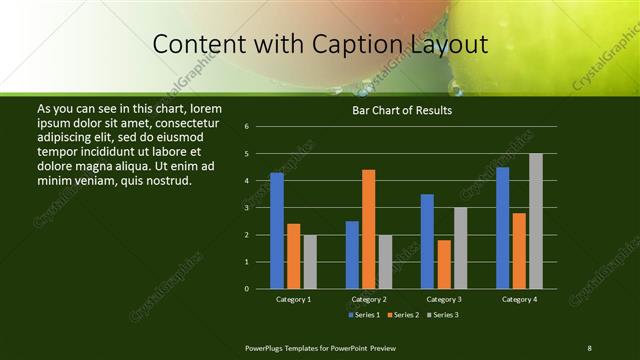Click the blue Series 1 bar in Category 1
(x=277, y=231)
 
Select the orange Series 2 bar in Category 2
(x=369, y=229)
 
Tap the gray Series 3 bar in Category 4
(x=536, y=221)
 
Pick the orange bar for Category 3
(x=444, y=264)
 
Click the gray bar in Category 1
(x=310, y=262)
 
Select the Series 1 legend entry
(x=365, y=315)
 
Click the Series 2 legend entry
(x=403, y=315)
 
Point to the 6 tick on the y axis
(x=246, y=127)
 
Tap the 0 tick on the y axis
(x=246, y=289)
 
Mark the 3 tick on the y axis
(x=246, y=208)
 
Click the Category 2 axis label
(x=369, y=299)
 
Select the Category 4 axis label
(x=519, y=299)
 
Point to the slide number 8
(x=589, y=347)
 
